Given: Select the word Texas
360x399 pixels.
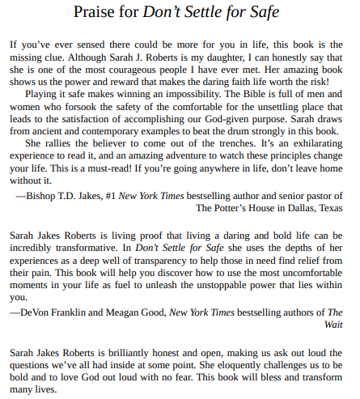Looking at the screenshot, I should point(328,207).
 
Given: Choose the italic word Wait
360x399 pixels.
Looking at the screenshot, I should point(332,325).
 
